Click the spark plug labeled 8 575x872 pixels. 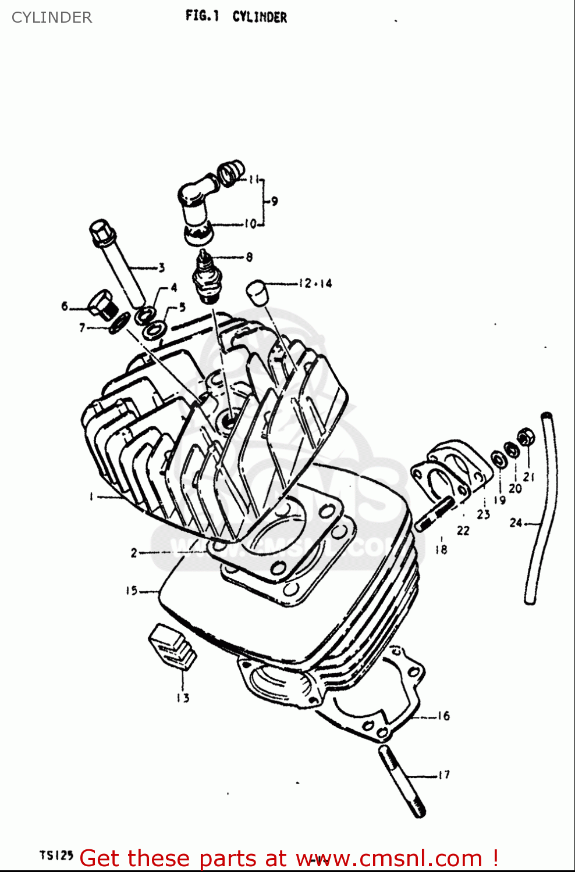click(x=205, y=278)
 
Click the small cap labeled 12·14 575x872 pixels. click(x=257, y=291)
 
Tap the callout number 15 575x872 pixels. click(x=132, y=591)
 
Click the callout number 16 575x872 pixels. click(x=443, y=716)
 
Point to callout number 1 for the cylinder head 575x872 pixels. click(x=91, y=496)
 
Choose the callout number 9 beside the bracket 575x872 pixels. click(x=274, y=201)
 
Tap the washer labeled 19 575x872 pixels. click(x=499, y=459)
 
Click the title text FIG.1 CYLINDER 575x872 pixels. click(x=236, y=16)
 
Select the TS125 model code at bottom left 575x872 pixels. click(x=56, y=855)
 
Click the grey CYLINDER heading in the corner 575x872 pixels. click(x=52, y=17)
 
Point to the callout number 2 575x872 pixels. click(x=134, y=552)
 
